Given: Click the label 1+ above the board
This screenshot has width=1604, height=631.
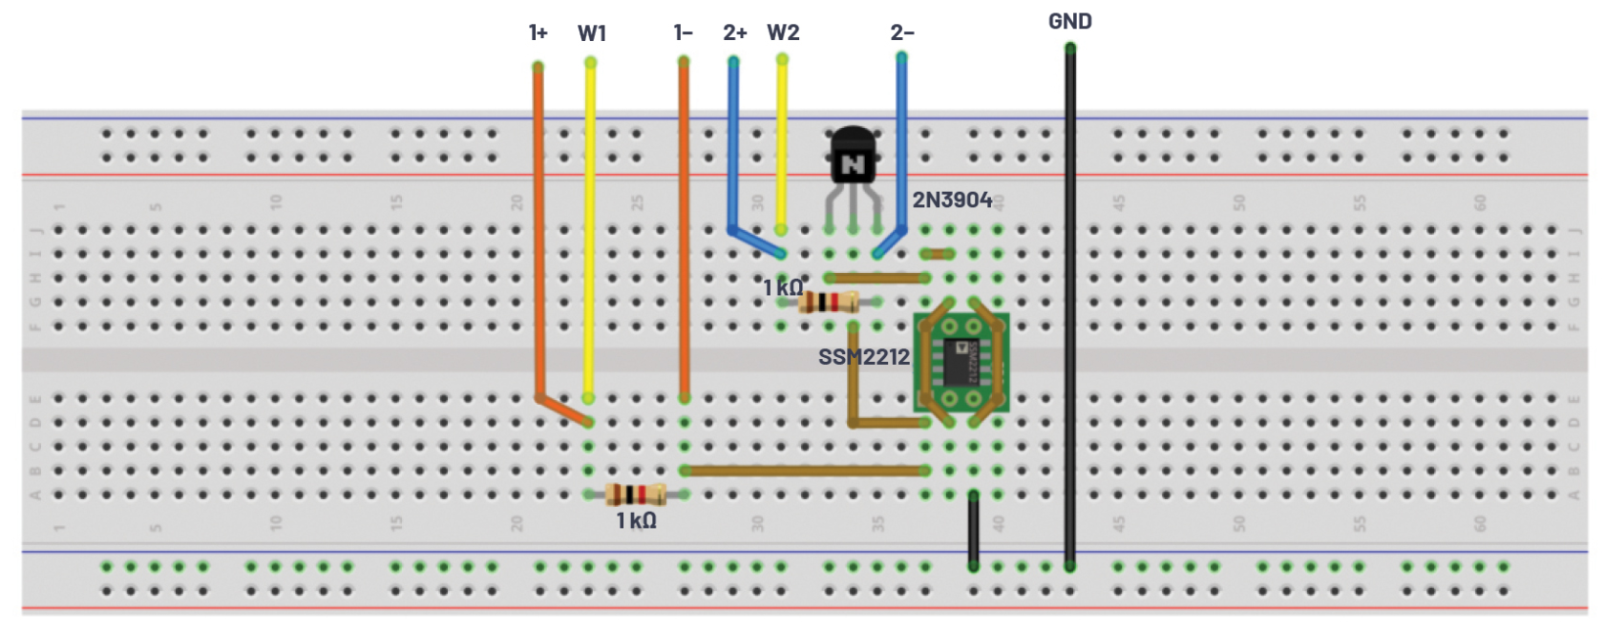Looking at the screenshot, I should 538,33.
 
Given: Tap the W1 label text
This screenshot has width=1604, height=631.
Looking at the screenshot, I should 592,33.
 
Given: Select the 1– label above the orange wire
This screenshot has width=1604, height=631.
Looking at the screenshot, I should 684,33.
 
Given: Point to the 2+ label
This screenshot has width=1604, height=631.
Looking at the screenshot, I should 734,33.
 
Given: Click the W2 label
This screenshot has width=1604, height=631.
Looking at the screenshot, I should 783,32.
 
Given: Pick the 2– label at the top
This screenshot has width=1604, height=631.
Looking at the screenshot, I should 902,33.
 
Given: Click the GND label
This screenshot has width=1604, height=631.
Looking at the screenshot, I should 1069,21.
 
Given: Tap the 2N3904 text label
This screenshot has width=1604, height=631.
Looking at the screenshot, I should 952,200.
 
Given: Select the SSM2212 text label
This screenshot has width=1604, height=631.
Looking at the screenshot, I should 863,357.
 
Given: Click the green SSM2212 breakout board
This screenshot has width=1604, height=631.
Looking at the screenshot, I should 961,362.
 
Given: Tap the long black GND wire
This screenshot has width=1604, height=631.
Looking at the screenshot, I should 1070,305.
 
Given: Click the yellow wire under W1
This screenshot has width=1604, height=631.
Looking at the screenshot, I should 590,229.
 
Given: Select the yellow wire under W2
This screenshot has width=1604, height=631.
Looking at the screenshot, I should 782,143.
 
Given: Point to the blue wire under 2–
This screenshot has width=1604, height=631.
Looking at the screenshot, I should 901,143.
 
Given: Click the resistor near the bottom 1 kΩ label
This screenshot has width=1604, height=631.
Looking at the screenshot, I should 636,494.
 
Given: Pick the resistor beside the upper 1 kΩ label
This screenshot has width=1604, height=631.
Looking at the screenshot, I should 828,303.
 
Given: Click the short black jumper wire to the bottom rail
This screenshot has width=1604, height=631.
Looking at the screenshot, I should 973,531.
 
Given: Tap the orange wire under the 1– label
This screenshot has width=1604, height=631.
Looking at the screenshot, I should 684,229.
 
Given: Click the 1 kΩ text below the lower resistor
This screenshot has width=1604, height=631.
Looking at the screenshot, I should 636,520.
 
